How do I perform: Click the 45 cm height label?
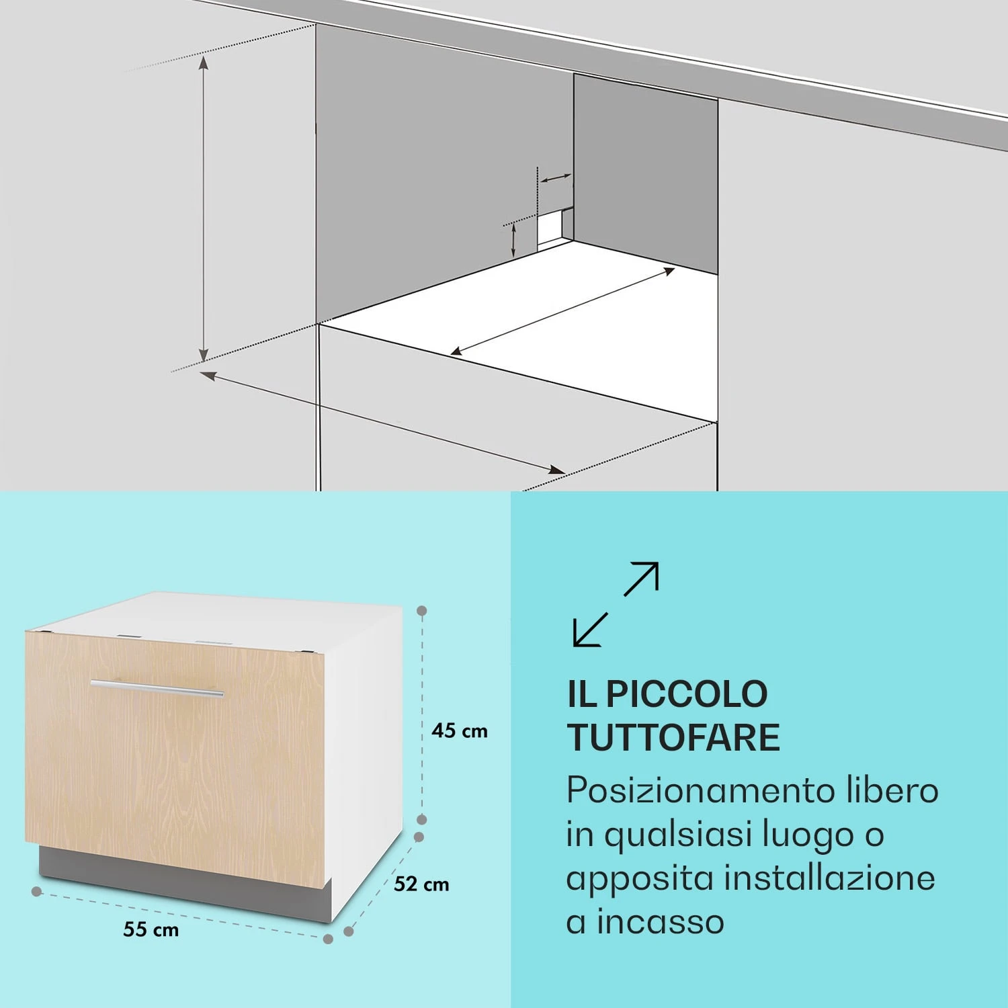tap(460, 730)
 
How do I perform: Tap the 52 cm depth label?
tap(421, 884)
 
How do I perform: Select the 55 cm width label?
tap(151, 930)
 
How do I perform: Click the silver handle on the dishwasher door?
tap(157, 689)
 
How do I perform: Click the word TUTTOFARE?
tap(673, 738)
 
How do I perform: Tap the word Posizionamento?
tap(699, 791)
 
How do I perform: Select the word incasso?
tap(661, 921)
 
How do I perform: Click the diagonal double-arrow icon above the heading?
tap(616, 604)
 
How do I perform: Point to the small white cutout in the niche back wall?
tap(552, 228)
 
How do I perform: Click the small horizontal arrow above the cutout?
tap(556, 179)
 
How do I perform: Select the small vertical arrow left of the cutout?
tap(513, 240)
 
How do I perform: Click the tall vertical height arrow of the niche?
tap(204, 208)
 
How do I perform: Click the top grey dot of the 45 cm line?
tap(422, 611)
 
